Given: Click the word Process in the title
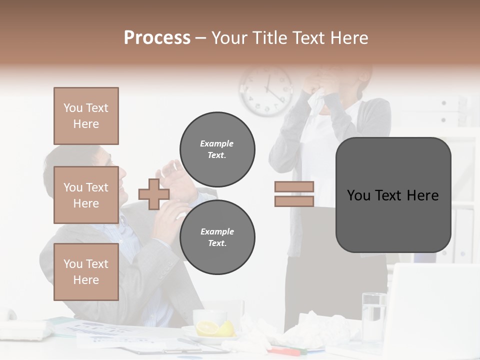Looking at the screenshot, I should [157, 38].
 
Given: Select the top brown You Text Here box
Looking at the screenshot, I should [86, 116].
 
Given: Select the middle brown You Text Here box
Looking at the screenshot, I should [86, 195].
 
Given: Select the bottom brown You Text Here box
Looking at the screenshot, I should [86, 272].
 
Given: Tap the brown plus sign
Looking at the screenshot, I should [153, 194].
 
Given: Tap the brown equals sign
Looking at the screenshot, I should [294, 194].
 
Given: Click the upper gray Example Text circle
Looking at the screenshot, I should [217, 149].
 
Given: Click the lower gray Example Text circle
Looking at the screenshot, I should [217, 237].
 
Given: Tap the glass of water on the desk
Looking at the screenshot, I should [373, 315].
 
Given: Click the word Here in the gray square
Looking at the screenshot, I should [422, 195].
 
